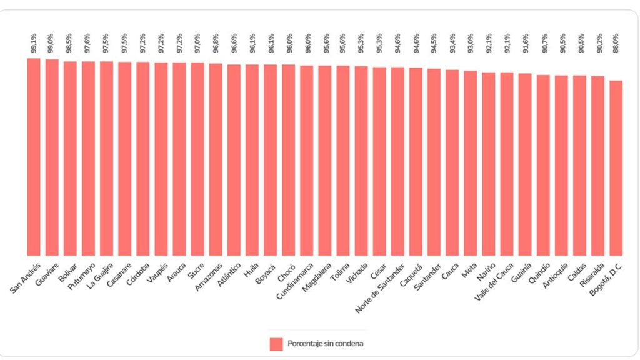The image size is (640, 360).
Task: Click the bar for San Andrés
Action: tap(34, 156)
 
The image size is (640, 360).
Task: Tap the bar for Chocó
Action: tap(288, 159)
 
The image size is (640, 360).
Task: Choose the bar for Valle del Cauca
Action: tap(507, 163)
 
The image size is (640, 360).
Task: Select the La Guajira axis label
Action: tap(101, 275)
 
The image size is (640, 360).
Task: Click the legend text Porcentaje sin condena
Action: tap(326, 344)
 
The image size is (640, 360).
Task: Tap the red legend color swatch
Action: tap(276, 344)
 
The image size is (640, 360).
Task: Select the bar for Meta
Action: tap(471, 162)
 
